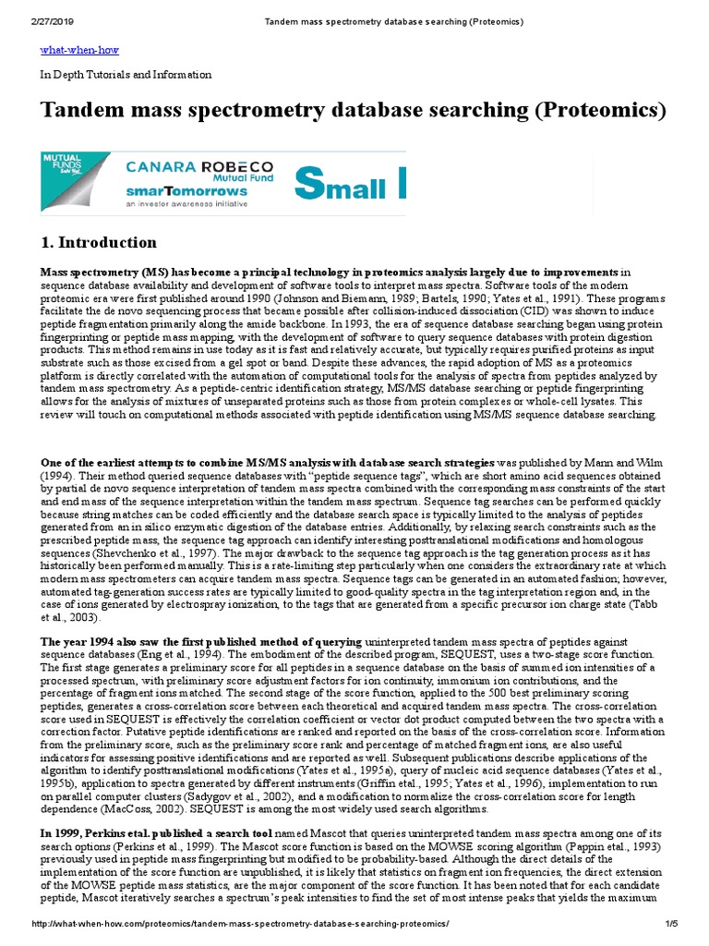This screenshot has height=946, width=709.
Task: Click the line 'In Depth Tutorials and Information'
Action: click(126, 75)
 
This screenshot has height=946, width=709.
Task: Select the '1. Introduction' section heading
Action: click(99, 243)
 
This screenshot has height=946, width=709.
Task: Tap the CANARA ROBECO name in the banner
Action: click(199, 167)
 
